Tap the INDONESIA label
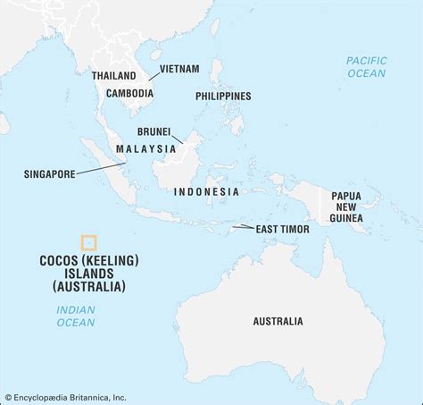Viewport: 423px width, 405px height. (206, 191)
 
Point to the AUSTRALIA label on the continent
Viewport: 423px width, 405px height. (278, 320)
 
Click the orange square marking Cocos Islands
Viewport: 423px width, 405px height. (88, 241)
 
